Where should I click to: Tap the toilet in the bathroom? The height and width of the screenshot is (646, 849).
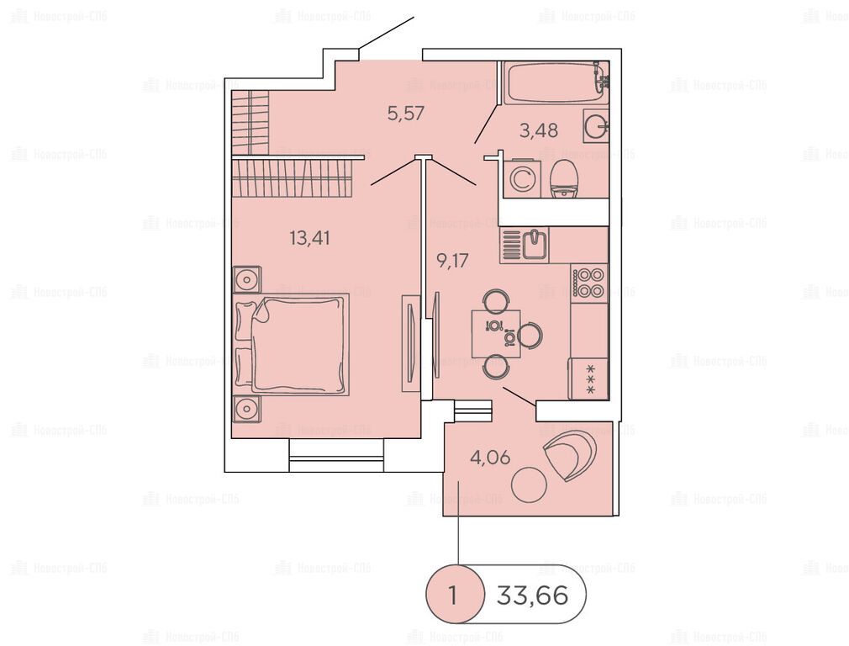[x=564, y=180]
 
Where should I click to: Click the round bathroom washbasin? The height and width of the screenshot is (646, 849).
[x=597, y=126]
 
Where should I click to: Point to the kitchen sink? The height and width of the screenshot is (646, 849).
[x=535, y=245]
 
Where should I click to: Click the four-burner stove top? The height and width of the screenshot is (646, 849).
[x=589, y=283]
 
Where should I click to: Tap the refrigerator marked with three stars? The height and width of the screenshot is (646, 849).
[x=588, y=379]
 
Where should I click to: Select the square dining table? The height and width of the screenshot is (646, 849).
[x=496, y=334]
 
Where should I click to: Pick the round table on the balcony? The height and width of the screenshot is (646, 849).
[x=529, y=484]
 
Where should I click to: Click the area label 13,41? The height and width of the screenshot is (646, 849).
[x=309, y=238]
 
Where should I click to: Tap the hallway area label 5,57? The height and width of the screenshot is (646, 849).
[x=406, y=114]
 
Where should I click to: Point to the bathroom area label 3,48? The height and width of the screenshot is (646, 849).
[x=539, y=130]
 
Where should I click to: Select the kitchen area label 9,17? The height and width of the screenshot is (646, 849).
[x=452, y=261]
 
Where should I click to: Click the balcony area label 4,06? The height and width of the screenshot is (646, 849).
[x=490, y=458]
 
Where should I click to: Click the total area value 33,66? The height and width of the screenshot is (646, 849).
[x=533, y=596]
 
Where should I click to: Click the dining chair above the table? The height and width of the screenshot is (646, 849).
[x=495, y=301]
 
